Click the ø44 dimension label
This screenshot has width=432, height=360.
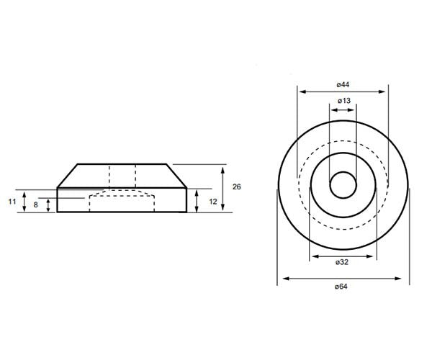343,84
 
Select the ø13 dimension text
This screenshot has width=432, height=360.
343,102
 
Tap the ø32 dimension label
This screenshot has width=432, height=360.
343,263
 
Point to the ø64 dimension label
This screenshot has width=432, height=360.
343,287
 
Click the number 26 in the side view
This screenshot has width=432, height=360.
237,186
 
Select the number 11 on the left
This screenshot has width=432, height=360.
12,202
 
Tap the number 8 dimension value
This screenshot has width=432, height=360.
36,205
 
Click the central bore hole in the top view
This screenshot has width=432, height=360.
343,186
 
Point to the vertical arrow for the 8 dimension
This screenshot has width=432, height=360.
48,205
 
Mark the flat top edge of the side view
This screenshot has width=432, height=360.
122,165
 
